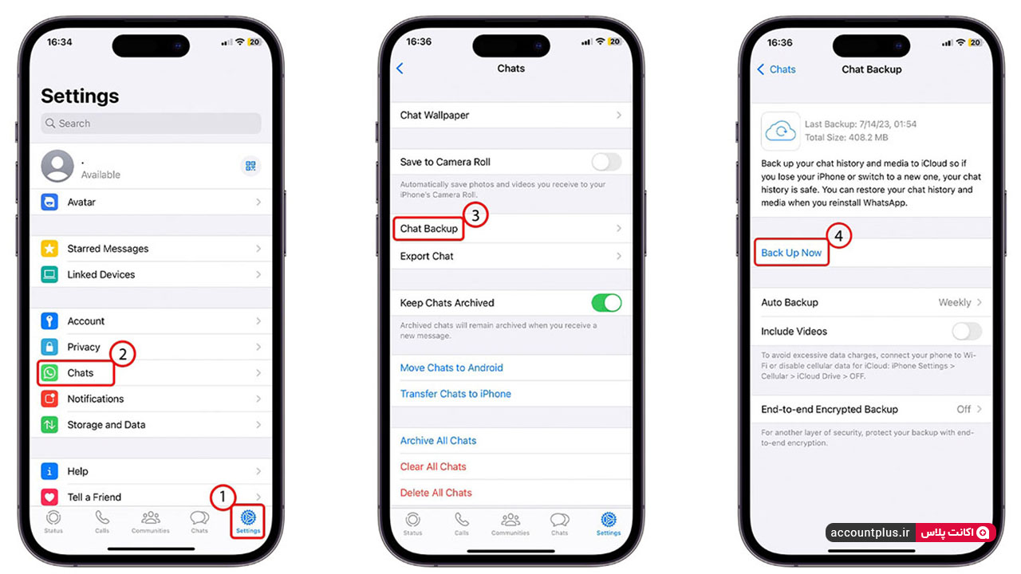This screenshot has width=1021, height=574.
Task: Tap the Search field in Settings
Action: click(151, 124)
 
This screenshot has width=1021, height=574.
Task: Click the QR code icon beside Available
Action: click(250, 166)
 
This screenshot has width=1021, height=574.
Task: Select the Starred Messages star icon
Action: click(49, 249)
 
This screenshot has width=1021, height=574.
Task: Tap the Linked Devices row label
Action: click(101, 275)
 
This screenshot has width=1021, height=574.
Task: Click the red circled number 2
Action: click(122, 354)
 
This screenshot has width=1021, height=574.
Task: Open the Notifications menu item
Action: click(95, 399)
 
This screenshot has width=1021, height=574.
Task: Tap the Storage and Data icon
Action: click(49, 425)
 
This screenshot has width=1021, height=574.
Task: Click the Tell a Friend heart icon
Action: click(49, 497)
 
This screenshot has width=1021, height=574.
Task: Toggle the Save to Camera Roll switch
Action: click(606, 162)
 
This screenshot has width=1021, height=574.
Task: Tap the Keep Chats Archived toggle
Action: click(606, 303)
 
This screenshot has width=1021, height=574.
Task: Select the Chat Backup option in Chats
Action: click(429, 229)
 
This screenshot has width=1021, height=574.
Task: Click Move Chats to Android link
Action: click(451, 368)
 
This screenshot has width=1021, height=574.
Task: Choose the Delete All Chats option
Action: click(436, 493)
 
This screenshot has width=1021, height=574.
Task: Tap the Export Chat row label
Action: click(427, 257)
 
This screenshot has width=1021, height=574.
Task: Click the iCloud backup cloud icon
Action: click(780, 132)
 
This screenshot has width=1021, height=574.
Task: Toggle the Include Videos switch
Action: click(967, 332)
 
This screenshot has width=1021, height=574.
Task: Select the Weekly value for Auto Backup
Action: click(955, 302)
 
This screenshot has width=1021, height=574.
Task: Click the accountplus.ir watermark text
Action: click(869, 533)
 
